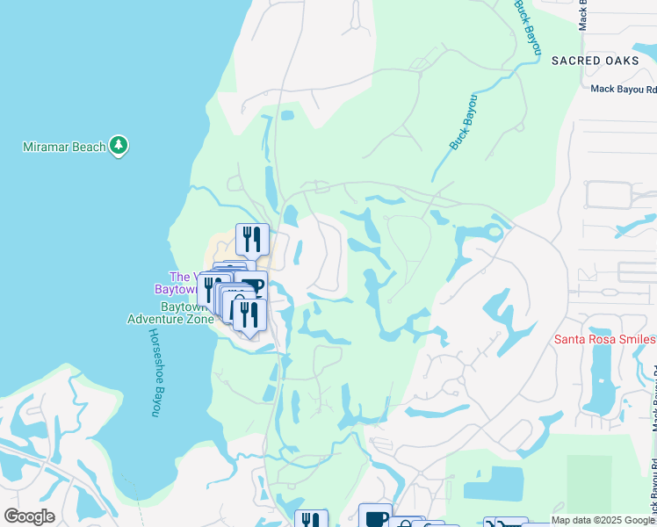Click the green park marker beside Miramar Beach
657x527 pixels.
tap(119, 146)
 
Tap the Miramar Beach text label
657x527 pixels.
tap(64, 146)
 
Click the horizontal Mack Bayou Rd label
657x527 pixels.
tap(623, 89)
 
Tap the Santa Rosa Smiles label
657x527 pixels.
tap(604, 340)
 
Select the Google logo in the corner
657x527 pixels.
tap(29, 516)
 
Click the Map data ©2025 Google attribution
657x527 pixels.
tap(603, 520)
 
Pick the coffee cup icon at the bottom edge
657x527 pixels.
tap(375, 518)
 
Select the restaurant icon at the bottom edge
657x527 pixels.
tap(311, 520)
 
